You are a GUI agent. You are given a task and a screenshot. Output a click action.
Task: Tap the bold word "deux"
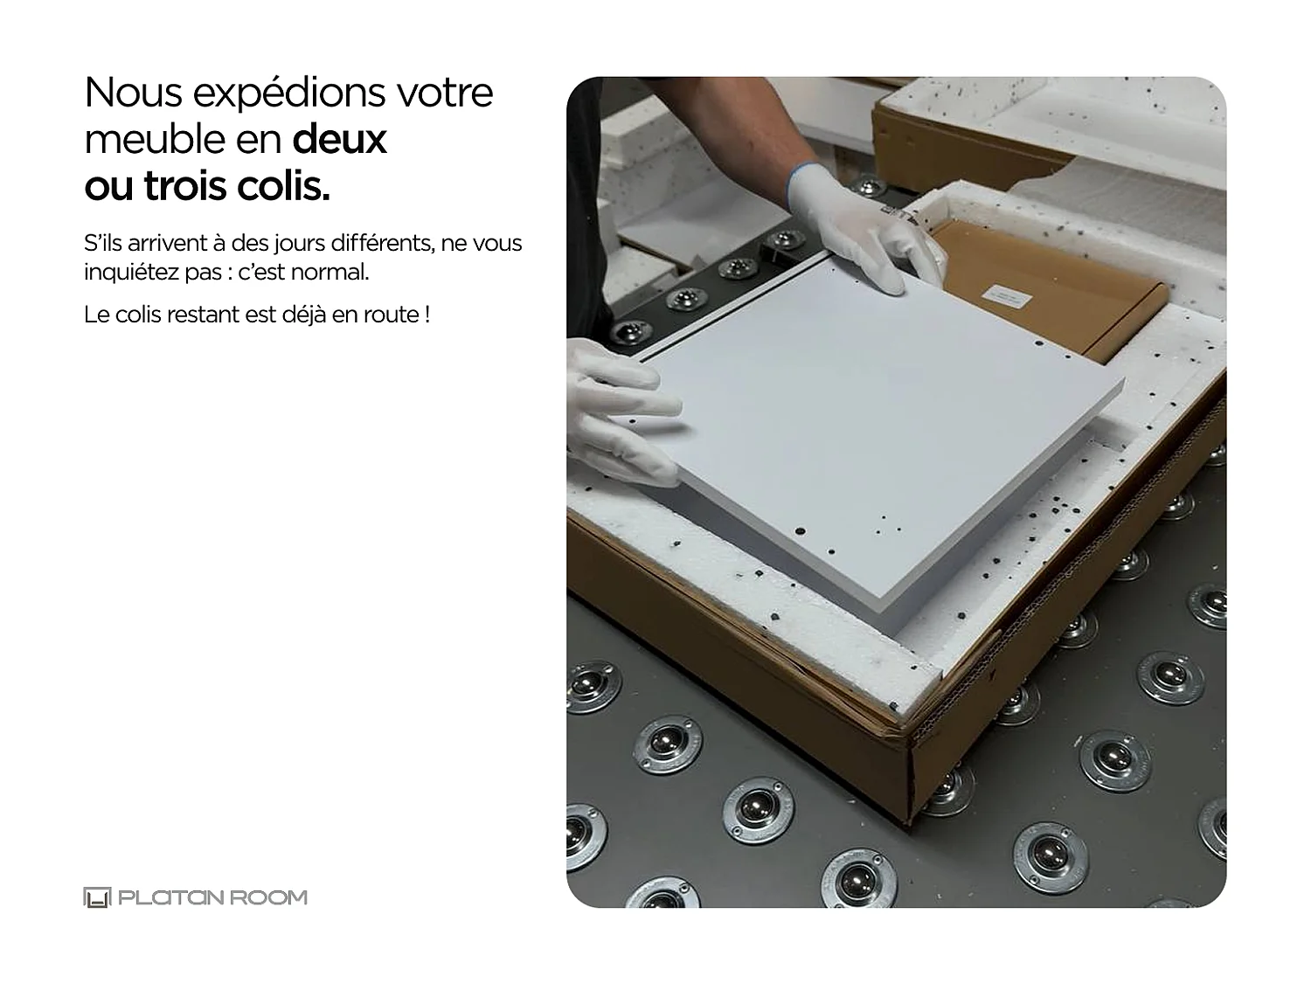click(x=339, y=139)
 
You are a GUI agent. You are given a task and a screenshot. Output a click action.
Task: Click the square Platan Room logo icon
click(x=96, y=897)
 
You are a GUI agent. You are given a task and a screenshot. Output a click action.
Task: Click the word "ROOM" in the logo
click(x=271, y=897)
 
